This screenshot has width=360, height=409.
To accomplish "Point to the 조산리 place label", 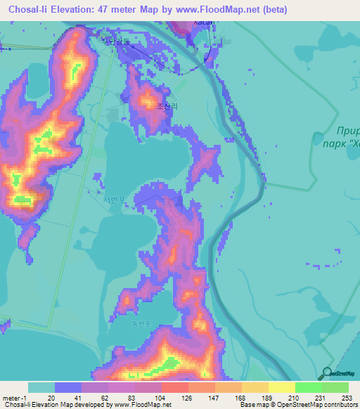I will pos(167,107).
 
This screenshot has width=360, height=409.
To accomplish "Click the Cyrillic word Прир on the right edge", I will pos(348,130).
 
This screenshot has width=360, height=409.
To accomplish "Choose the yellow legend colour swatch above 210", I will pos(281,387).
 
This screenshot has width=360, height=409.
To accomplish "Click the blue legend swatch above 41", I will pos(68,387).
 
